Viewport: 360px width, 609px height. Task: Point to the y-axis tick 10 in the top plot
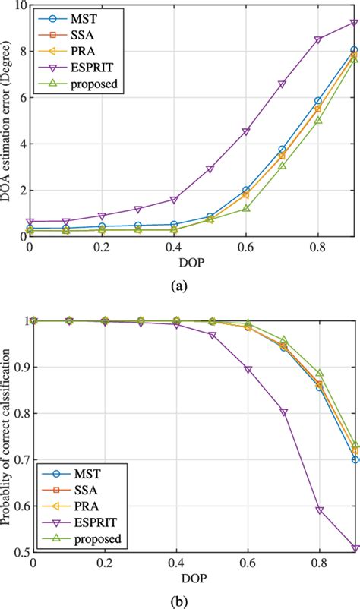point(18,5)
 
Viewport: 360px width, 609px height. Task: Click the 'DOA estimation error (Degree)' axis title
point(8,121)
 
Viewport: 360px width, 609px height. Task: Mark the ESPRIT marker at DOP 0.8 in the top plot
point(318,39)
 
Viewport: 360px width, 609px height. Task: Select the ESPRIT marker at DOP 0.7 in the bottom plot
point(283,412)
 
